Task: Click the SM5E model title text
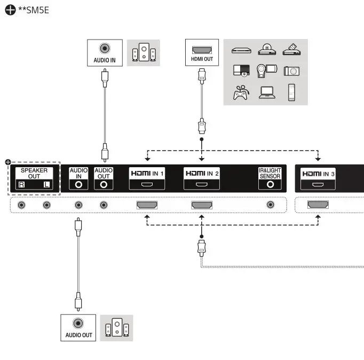(x=34, y=10)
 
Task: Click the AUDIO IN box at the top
(x=105, y=52)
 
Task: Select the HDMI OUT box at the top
(x=202, y=52)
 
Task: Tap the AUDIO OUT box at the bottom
(x=78, y=328)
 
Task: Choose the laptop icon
(x=266, y=93)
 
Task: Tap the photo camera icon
(x=291, y=71)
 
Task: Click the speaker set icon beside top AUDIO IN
(x=144, y=53)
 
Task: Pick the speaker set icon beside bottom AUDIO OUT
(x=116, y=328)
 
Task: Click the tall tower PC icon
(x=291, y=92)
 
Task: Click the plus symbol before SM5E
(x=10, y=10)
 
